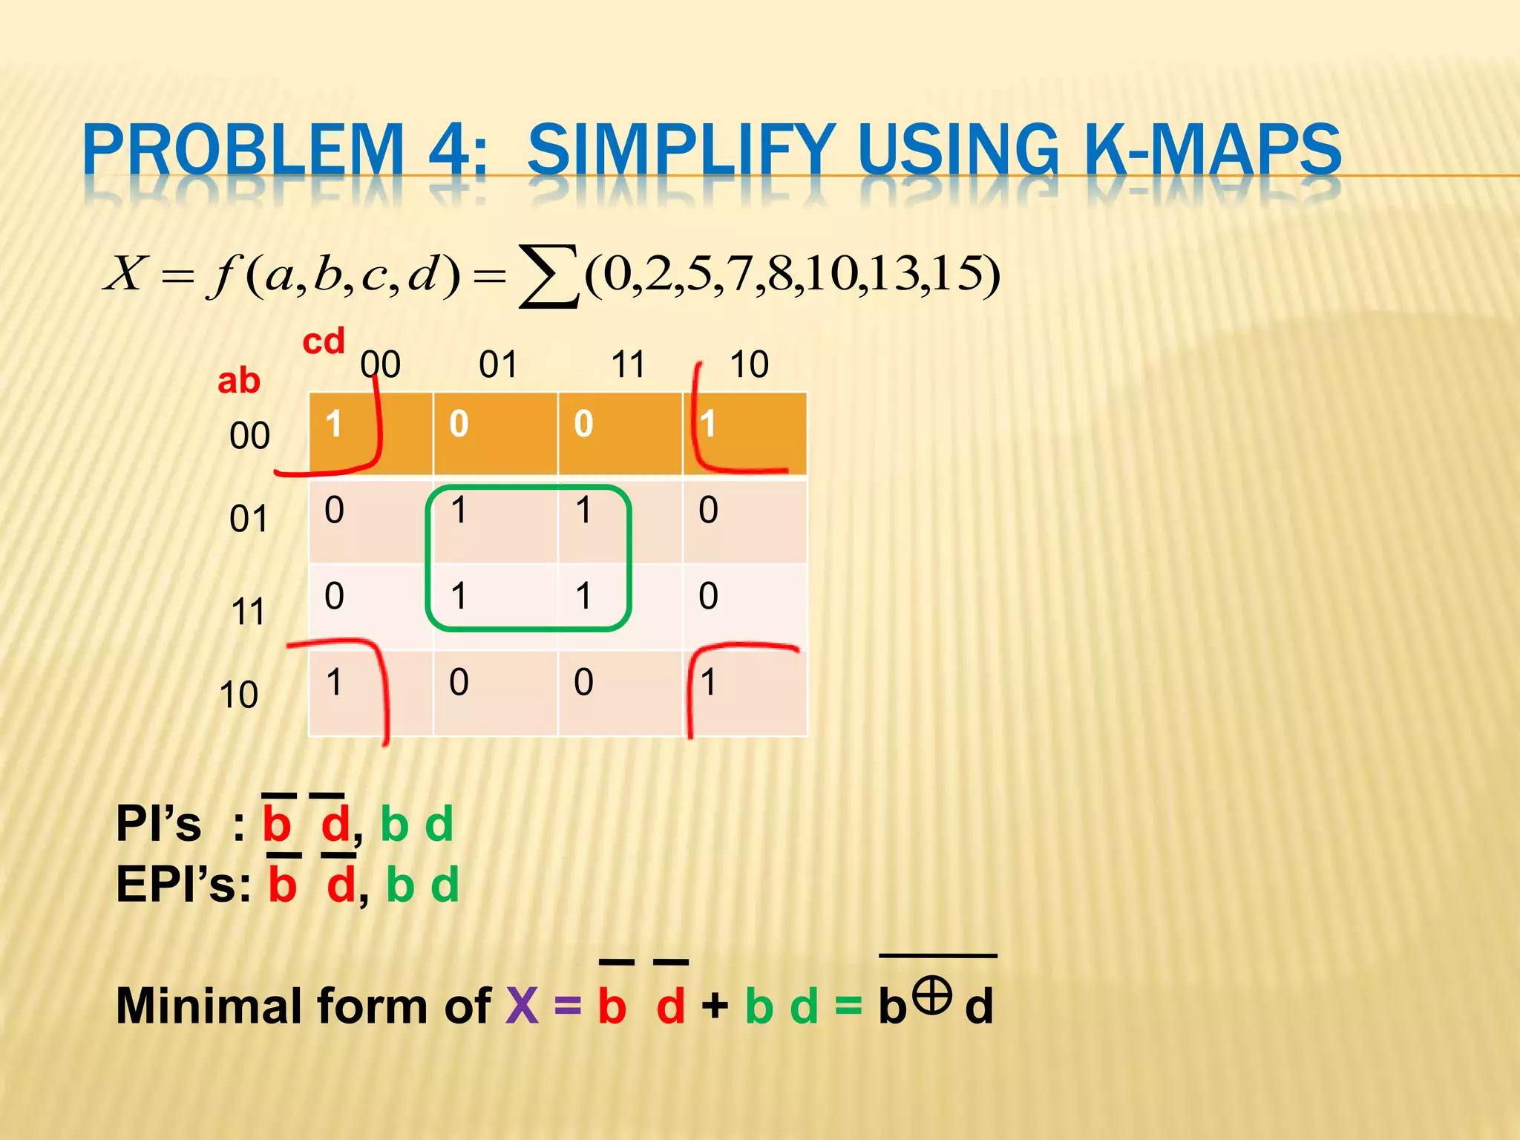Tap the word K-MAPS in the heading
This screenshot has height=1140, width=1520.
click(1211, 151)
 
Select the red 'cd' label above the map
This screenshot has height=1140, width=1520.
click(324, 342)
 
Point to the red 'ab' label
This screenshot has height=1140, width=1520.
click(238, 381)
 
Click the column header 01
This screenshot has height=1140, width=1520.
click(497, 365)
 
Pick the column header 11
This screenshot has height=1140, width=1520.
click(628, 365)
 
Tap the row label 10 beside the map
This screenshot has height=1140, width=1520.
click(238, 695)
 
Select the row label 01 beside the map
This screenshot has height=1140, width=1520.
click(248, 519)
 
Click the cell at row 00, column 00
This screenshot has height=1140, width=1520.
click(370, 433)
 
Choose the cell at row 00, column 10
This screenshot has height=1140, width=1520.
click(744, 433)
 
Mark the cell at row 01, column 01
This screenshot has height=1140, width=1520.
click(495, 520)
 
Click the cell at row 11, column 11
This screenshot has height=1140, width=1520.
click(620, 606)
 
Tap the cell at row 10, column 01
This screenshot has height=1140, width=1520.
click(495, 692)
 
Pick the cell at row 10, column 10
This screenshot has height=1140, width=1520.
click(744, 692)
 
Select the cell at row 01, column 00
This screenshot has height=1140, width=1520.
click(370, 520)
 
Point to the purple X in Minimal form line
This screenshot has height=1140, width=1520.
click(522, 1006)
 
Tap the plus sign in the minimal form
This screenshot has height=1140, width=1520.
click(715, 1006)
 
